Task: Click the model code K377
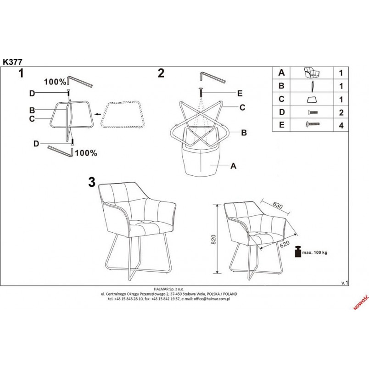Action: point(12,62)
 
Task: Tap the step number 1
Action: point(21,73)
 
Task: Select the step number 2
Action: point(161,73)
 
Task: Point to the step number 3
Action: point(92,182)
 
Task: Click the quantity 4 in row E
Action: point(341,125)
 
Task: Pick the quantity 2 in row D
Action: point(341,112)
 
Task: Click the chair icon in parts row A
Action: point(312,73)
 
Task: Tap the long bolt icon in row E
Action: point(313,123)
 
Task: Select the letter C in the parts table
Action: point(281,99)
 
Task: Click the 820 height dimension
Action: point(213,239)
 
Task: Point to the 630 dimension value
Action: point(278,206)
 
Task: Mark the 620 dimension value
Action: point(285,244)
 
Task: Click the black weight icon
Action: point(298,252)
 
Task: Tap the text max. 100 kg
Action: point(315,253)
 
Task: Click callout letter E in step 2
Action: point(240,94)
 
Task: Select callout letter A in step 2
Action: point(233,166)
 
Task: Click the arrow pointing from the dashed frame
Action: point(97,114)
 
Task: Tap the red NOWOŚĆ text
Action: point(361,302)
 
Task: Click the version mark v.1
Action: point(345,283)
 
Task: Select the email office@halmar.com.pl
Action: point(212,299)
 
